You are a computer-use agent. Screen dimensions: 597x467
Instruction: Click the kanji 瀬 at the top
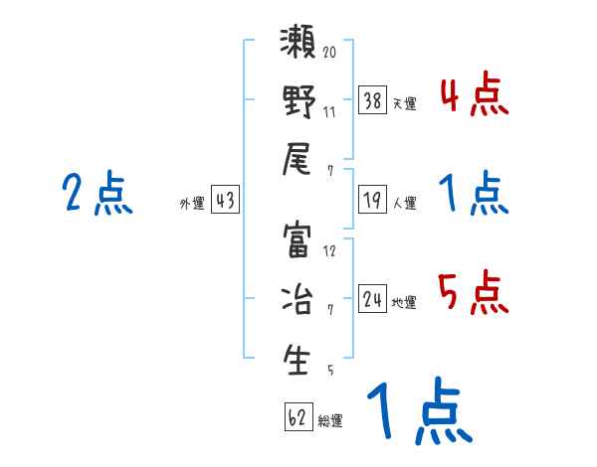tap(298, 48)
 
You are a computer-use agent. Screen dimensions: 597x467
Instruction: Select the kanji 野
tap(298, 102)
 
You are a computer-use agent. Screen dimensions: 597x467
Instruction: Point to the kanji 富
tap(298, 243)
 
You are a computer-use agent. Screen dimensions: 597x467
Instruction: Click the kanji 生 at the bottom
tap(298, 359)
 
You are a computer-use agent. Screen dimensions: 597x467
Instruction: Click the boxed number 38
tap(371, 99)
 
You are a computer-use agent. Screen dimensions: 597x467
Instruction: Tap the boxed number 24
tap(372, 298)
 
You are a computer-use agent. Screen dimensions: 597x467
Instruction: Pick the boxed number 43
tap(225, 201)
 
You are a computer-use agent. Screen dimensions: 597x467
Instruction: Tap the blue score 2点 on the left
tap(98, 194)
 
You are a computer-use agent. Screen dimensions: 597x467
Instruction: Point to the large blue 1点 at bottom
tap(417, 412)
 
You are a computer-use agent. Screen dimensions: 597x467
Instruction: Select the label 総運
tap(330, 421)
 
